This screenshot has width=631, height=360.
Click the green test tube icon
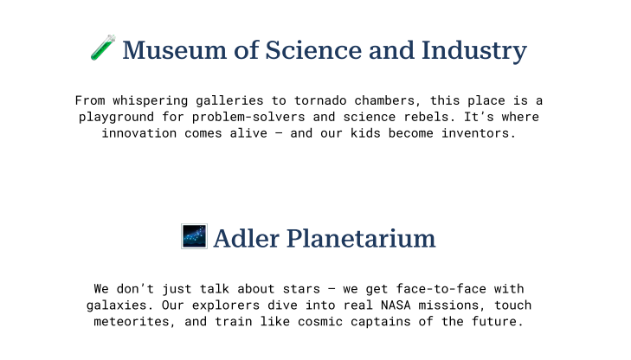[x=103, y=48]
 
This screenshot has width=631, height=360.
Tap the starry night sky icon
[x=195, y=236]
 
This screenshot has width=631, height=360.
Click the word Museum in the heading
[x=175, y=50]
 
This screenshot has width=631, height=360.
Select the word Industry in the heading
[x=474, y=51]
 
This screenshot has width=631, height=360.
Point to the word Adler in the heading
[x=247, y=238]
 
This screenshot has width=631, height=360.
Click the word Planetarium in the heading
[x=361, y=238]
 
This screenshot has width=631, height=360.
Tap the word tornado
[x=320, y=100]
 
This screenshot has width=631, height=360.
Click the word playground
[x=116, y=117]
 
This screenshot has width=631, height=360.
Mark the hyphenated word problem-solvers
[x=248, y=117]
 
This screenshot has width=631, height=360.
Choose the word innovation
[x=138, y=133]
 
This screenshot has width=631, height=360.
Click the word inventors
[x=479, y=133]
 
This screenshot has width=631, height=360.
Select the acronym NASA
[x=396, y=305]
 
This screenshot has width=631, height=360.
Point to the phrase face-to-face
[x=441, y=289]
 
